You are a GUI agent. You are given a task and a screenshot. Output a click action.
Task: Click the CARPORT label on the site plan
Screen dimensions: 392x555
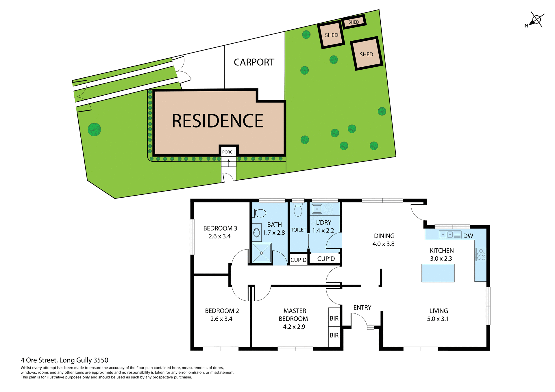pyautogui.click(x=254, y=62)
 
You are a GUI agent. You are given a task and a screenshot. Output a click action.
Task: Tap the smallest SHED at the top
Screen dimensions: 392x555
pyautogui.click(x=354, y=22)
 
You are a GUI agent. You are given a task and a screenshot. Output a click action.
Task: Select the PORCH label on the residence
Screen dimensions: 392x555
pyautogui.click(x=229, y=152)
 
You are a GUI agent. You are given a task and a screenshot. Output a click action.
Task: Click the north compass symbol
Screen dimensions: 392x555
pyautogui.click(x=536, y=20)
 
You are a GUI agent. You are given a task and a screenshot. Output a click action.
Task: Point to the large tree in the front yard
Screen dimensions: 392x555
pyautogui.click(x=94, y=129)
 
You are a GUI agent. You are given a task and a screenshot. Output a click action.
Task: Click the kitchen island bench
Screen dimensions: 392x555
pyautogui.click(x=438, y=273)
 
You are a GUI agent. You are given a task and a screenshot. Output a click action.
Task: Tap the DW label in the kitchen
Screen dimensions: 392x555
pyautogui.click(x=468, y=236)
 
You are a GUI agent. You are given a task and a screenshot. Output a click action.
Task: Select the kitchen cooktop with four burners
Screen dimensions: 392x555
pyautogui.click(x=481, y=254)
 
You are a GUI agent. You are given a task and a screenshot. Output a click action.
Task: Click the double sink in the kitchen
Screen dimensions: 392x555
pyautogui.click(x=447, y=235)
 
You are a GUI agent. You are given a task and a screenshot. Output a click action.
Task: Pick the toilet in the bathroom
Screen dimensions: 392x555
pyautogui.click(x=259, y=213)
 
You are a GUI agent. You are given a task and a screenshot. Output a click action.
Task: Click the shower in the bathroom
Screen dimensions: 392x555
pyautogui.click(x=262, y=253)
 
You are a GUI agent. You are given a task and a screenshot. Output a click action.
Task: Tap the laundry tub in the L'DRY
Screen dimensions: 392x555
pyautogui.click(x=317, y=209)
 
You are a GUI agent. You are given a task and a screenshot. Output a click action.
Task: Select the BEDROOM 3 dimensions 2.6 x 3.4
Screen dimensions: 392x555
pyautogui.click(x=220, y=236)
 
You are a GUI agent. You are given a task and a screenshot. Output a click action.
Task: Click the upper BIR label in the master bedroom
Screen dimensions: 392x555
pyautogui.click(x=334, y=318)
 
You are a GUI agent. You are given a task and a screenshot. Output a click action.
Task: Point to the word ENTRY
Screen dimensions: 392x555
pyautogui.click(x=362, y=307)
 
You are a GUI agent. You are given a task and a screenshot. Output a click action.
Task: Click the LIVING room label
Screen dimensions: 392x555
pyautogui.click(x=439, y=311)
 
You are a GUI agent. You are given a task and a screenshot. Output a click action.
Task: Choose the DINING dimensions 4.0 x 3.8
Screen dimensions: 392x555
pyautogui.click(x=383, y=244)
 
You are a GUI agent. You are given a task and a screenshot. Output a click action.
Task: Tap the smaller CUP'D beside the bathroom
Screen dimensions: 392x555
pyautogui.click(x=298, y=260)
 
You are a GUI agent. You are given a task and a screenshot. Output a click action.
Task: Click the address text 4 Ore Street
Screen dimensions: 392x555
pyautogui.click(x=64, y=360)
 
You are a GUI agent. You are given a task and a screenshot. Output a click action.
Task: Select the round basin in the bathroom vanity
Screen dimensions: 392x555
pyautogui.click(x=256, y=233)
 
